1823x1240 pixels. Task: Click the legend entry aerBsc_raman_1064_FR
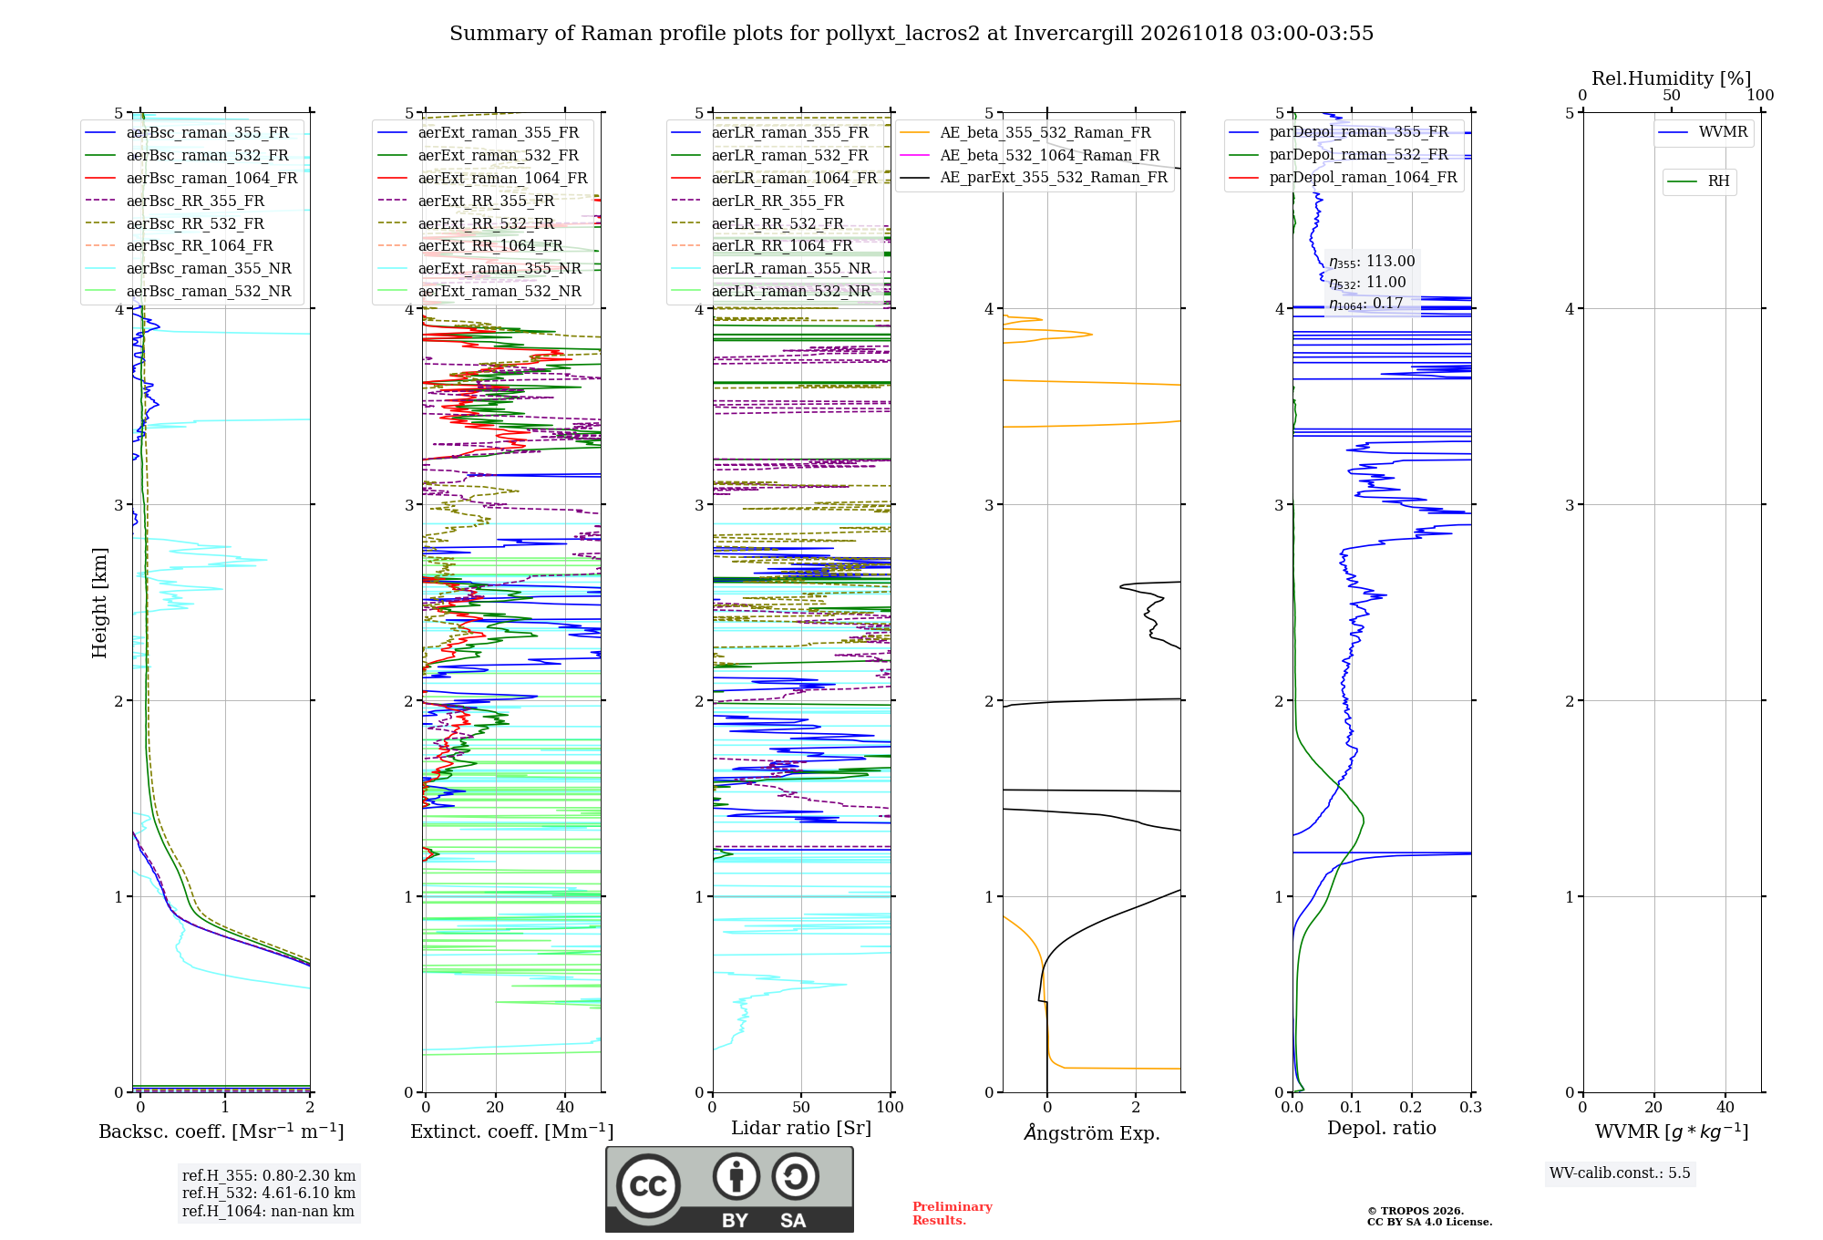191,178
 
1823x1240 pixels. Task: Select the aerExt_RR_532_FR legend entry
466,223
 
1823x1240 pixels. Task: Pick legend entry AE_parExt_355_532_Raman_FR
1034,177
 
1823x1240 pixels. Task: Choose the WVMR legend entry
1703,132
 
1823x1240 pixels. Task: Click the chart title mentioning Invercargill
911,34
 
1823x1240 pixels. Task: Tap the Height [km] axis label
99,603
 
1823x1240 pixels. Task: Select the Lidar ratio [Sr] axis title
801,1128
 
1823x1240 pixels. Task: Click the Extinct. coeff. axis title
511,1131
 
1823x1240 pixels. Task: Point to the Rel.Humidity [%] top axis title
1671,78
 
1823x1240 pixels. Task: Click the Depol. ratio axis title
1382,1128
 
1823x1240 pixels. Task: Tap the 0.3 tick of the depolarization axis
1470,1108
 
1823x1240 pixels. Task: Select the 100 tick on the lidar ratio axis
890,1108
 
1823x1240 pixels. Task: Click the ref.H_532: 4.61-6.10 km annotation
269,1193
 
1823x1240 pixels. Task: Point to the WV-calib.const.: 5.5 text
1620,1173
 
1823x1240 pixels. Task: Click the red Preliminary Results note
953,1214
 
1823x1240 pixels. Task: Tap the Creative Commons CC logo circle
648,1186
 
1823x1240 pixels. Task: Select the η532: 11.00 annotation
1367,283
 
